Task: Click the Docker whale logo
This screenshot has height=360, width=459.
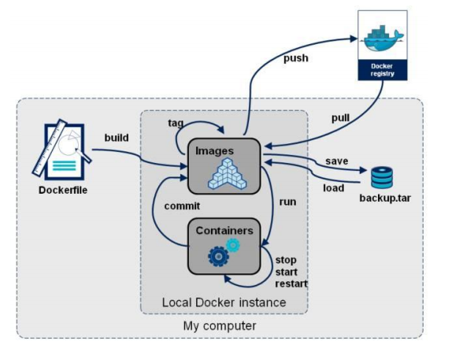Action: point(383,38)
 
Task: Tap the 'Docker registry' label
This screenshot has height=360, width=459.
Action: point(382,69)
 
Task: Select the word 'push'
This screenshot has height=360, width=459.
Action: point(296,58)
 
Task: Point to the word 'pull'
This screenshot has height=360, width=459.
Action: point(340,117)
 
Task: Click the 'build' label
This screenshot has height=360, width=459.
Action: point(117,137)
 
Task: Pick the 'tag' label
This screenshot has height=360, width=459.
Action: point(176,123)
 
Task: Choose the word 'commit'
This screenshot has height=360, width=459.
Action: point(182,206)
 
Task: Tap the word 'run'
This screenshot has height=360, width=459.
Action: point(287,202)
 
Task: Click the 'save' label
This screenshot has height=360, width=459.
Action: point(337,161)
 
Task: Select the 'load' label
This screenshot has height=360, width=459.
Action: point(333,187)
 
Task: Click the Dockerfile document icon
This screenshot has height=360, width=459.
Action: point(62,150)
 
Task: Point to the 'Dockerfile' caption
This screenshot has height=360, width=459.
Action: point(63,190)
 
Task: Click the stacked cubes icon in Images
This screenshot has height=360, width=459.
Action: point(228,173)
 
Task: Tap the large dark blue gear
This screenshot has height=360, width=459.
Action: point(218,257)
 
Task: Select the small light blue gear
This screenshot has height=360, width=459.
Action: point(233,245)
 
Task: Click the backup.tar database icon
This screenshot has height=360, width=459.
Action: point(382,177)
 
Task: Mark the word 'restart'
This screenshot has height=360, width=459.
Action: point(291,284)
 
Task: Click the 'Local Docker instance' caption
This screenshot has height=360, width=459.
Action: point(224,302)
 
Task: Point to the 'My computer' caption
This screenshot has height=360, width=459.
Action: point(220,325)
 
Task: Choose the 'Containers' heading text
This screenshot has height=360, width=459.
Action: point(224,231)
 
